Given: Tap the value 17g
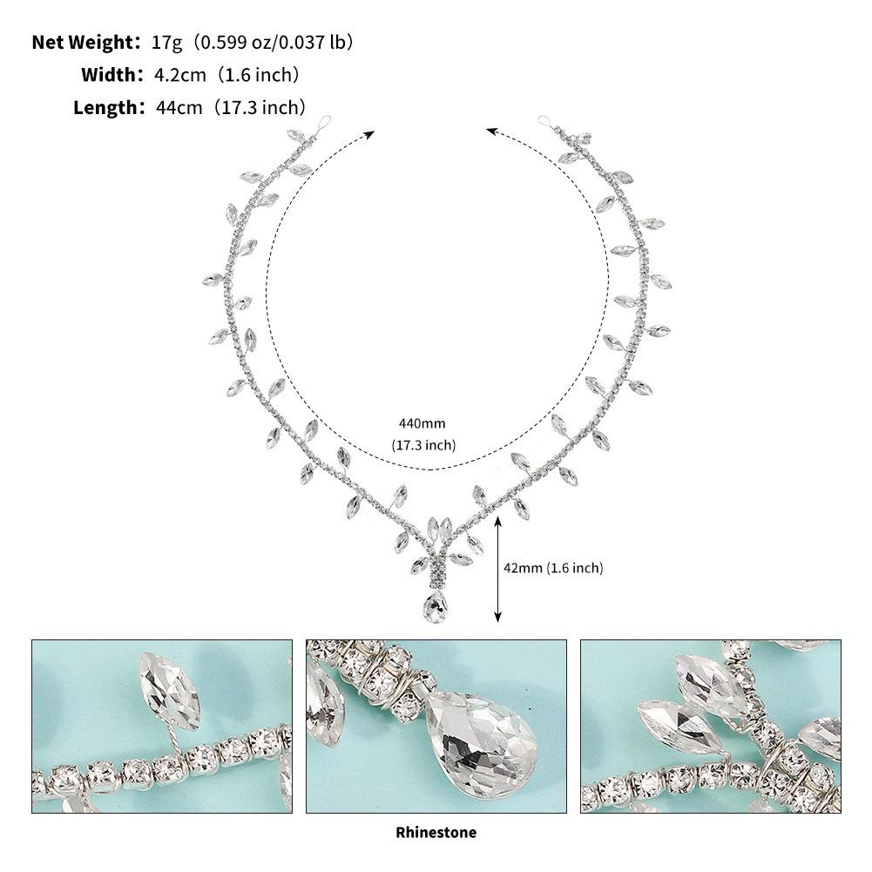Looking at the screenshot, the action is [x=167, y=43].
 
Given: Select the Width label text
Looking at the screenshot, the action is [x=108, y=75].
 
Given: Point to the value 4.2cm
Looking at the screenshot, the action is [x=179, y=75].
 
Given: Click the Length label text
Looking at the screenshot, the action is [x=105, y=107].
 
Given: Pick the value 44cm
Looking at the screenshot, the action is [x=179, y=107].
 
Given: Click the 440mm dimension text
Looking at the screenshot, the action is [x=422, y=423].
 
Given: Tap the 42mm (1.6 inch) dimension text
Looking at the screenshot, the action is [x=553, y=568].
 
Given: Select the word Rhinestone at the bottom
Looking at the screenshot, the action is [x=436, y=833].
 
